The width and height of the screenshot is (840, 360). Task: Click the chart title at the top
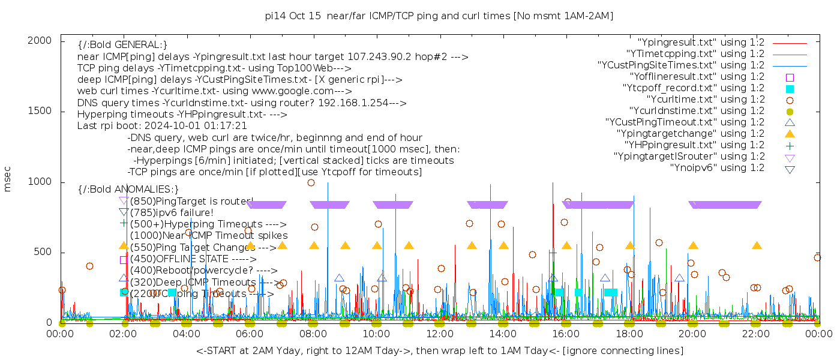click(x=439, y=16)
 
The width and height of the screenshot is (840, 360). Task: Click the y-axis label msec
click(x=8, y=181)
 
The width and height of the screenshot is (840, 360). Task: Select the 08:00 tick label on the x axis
click(x=313, y=334)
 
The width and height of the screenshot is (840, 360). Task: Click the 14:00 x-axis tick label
click(x=503, y=334)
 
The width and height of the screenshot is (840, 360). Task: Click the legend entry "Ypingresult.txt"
click(x=701, y=43)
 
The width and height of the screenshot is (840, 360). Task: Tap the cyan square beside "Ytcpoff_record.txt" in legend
click(x=790, y=89)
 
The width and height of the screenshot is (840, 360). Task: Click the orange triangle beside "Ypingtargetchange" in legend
click(x=790, y=134)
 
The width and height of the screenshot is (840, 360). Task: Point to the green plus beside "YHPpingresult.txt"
click(x=790, y=145)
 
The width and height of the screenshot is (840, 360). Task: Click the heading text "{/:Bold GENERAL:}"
click(x=122, y=45)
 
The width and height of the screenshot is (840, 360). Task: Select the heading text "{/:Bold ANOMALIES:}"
click(x=128, y=189)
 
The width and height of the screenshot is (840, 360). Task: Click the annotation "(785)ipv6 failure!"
click(x=172, y=212)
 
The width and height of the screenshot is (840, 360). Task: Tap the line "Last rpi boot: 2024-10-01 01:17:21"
click(x=162, y=126)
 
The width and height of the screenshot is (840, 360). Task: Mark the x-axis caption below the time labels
click(x=439, y=350)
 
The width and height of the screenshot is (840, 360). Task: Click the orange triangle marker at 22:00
click(x=757, y=245)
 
